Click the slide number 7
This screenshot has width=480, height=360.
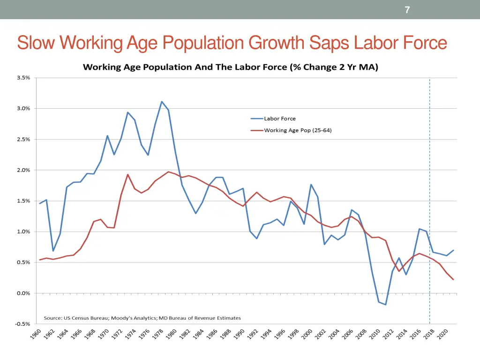pyautogui.click(x=407, y=10)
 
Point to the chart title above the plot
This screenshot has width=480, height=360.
pyautogui.click(x=230, y=67)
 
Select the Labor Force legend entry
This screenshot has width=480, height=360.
pyautogui.click(x=279, y=119)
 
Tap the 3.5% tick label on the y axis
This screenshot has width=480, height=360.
pyautogui.click(x=23, y=78)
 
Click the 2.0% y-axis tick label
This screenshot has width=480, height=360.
pyautogui.click(x=23, y=170)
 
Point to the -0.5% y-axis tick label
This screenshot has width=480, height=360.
pyautogui.click(x=22, y=324)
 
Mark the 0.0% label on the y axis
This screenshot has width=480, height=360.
pyautogui.click(x=23, y=293)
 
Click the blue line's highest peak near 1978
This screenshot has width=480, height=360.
pyautogui.click(x=162, y=102)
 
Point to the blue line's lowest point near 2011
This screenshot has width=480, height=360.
pyautogui.click(x=386, y=305)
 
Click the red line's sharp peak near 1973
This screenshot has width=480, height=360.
pyautogui.click(x=128, y=174)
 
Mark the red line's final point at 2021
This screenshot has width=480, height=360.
pyautogui.click(x=453, y=279)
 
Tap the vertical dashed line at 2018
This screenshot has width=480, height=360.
pyautogui.click(x=430, y=187)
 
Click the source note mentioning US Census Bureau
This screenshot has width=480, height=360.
pyautogui.click(x=142, y=318)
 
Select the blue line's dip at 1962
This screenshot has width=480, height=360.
pyautogui.click(x=53, y=251)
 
